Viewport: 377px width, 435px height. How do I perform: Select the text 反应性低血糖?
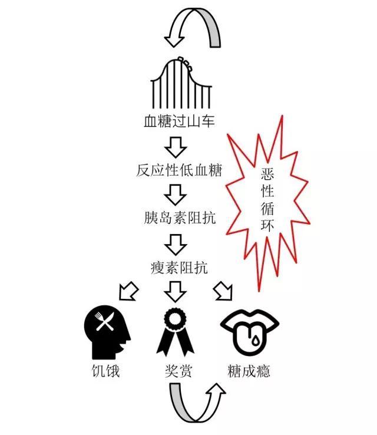coord(179,170)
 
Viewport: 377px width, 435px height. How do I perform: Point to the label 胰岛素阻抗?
coord(179,218)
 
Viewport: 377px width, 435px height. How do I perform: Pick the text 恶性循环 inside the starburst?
coord(266,200)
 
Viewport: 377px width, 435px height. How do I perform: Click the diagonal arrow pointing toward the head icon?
coord(128,290)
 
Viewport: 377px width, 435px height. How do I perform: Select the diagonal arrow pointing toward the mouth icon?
coord(223,290)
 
